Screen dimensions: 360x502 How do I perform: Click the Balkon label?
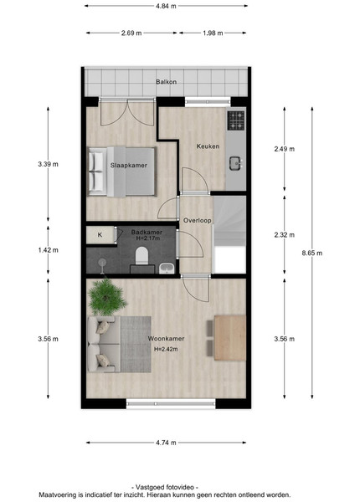pos(167,82)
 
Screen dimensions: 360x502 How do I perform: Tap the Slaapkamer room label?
pos(129,166)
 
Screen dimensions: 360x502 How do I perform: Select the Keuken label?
pos(208,146)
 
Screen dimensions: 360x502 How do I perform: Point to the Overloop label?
pos(198,221)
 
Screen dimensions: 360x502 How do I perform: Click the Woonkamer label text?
pos(166,339)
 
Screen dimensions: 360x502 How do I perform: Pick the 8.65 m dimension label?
pos(312,254)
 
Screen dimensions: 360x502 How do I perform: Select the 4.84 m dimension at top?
pos(166,6)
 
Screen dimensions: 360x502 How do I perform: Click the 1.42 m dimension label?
pos(48,250)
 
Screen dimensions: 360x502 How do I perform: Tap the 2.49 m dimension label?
pos(285,149)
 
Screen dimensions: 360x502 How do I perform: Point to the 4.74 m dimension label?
pos(166,443)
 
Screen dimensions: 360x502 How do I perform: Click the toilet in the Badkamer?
pos(141,256)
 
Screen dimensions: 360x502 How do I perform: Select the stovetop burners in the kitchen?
pos(236,120)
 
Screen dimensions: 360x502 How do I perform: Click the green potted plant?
pos(107,297)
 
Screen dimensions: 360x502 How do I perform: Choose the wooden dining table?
pos(230,338)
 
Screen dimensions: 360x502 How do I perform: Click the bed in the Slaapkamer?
pos(122,172)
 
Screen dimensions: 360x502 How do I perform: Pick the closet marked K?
pos(100,235)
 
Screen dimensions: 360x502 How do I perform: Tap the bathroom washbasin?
pos(167,269)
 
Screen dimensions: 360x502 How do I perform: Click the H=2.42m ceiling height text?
pos(166,349)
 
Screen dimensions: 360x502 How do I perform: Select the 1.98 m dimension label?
pos(213,33)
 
